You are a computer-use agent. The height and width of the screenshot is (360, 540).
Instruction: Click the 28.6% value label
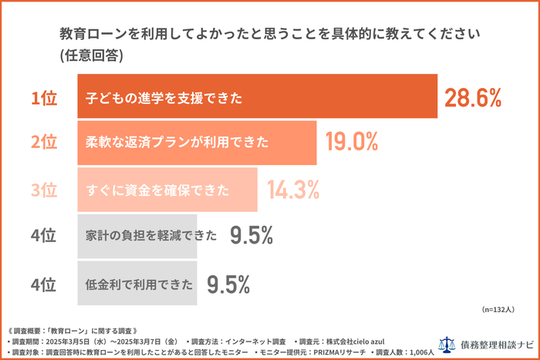[x=473, y=98]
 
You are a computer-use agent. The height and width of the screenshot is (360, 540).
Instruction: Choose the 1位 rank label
[x=44, y=98]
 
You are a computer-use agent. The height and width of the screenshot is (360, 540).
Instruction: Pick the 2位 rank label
[x=44, y=143]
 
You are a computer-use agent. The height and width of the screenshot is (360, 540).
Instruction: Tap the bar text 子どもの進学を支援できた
[x=164, y=98]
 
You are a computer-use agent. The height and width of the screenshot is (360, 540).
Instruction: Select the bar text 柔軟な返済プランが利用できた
[x=177, y=143]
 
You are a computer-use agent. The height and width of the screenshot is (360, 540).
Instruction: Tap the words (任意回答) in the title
[x=91, y=56]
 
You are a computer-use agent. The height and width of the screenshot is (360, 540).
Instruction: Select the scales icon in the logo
[x=447, y=345]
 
